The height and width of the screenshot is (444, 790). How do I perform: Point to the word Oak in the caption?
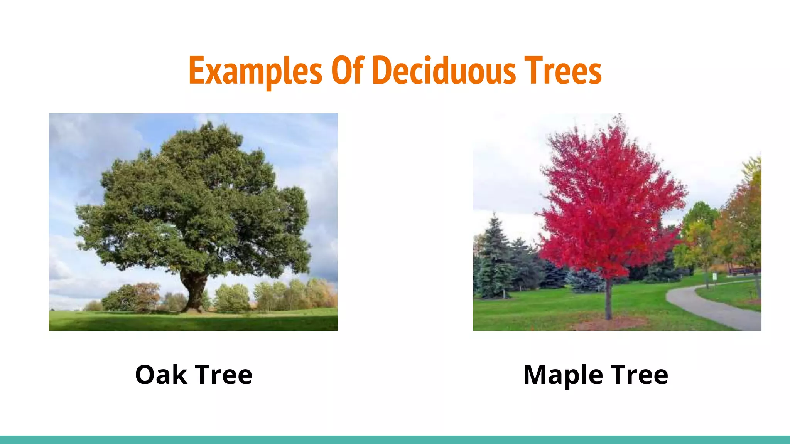(x=161, y=375)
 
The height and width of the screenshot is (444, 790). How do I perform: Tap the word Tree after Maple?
(x=640, y=375)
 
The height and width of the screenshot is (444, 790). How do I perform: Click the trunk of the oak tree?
(x=195, y=293)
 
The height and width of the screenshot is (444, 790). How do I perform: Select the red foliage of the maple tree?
(x=609, y=200)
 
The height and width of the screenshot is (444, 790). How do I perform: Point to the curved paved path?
(x=714, y=308)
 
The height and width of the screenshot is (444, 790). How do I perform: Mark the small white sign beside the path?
(x=715, y=276)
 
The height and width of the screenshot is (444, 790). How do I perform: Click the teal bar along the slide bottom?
(x=395, y=440)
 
